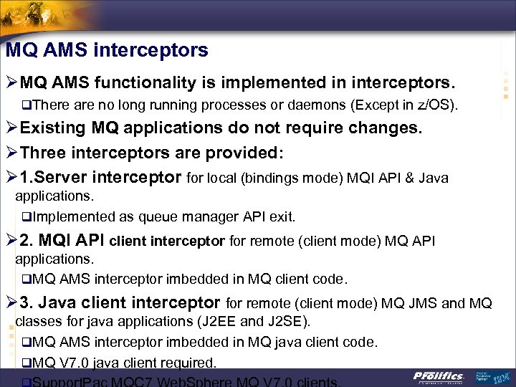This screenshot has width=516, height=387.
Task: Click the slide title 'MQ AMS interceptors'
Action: pyautogui.click(x=107, y=50)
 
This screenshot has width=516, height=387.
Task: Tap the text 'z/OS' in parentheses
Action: pyautogui.click(x=436, y=106)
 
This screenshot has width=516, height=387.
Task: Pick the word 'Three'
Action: pyautogui.click(x=46, y=153)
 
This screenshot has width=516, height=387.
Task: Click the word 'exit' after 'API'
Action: pyautogui.click(x=282, y=216)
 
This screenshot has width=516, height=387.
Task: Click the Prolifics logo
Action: pyautogui.click(x=439, y=376)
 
